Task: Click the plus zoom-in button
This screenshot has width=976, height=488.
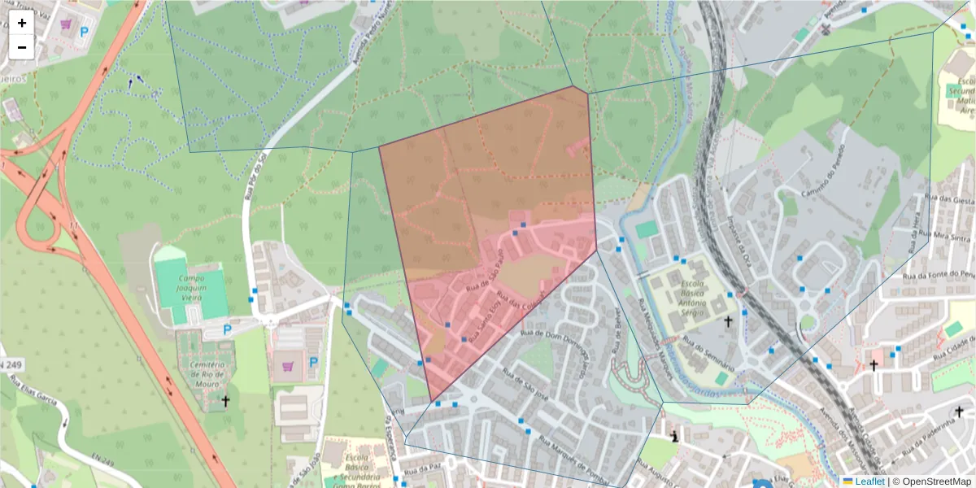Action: click(22, 23)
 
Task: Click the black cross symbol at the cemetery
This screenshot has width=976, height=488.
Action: click(225, 400)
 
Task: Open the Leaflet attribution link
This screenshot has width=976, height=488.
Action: click(869, 481)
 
